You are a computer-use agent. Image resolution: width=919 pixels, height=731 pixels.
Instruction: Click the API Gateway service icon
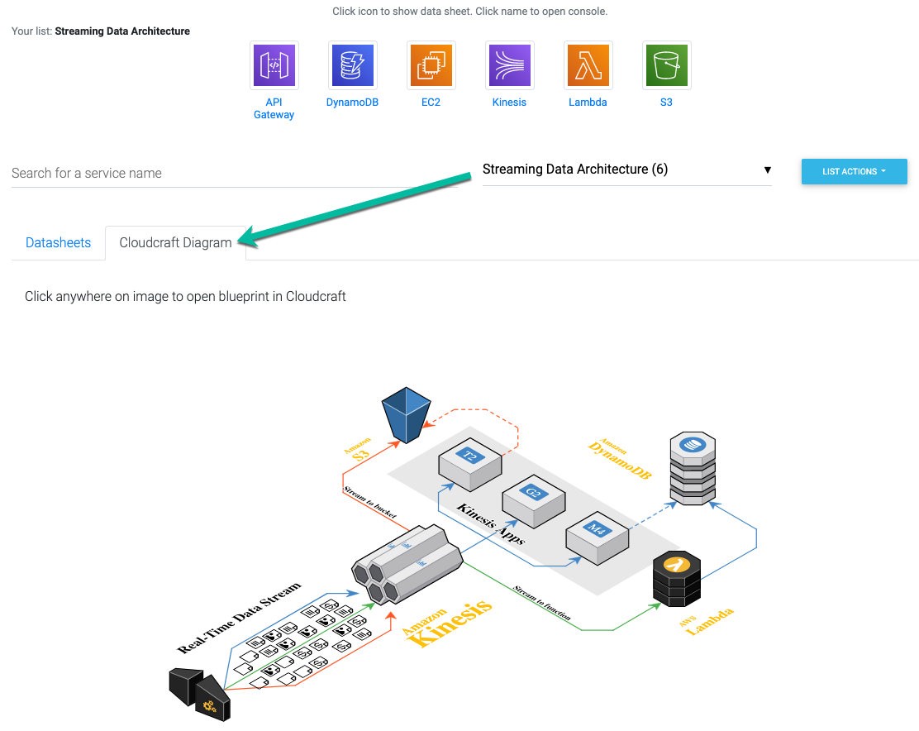(274, 65)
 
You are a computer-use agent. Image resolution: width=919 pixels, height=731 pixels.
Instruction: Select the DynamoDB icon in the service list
(352, 65)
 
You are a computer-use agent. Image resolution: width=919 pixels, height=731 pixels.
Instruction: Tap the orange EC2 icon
(431, 65)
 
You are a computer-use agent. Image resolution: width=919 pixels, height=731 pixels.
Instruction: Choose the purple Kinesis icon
(509, 65)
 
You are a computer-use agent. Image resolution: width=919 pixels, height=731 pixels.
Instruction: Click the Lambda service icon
(588, 65)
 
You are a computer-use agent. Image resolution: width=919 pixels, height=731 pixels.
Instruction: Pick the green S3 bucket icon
(666, 65)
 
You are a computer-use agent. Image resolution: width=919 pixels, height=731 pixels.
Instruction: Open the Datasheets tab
(58, 242)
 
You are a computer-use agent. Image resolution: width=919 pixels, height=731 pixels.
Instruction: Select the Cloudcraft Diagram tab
(175, 242)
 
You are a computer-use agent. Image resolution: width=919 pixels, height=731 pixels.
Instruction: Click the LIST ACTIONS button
(854, 171)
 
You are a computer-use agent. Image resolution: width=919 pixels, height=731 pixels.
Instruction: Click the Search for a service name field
(235, 174)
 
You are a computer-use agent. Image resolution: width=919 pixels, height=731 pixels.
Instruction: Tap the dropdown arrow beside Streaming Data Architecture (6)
(767, 170)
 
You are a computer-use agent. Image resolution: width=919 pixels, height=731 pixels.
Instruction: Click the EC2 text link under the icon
(431, 102)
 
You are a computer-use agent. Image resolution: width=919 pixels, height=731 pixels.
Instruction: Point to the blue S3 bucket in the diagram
(406, 414)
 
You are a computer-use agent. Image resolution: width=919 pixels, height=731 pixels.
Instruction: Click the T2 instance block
(470, 464)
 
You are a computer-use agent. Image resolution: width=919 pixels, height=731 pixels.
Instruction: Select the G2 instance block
(533, 500)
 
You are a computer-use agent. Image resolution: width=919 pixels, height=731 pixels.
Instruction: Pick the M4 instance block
(597, 537)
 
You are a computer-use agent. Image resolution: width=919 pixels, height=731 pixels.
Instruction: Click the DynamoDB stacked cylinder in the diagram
(693, 468)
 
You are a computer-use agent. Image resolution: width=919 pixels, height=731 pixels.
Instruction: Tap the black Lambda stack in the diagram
(677, 579)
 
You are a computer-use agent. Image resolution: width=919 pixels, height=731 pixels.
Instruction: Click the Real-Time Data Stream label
(239, 618)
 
